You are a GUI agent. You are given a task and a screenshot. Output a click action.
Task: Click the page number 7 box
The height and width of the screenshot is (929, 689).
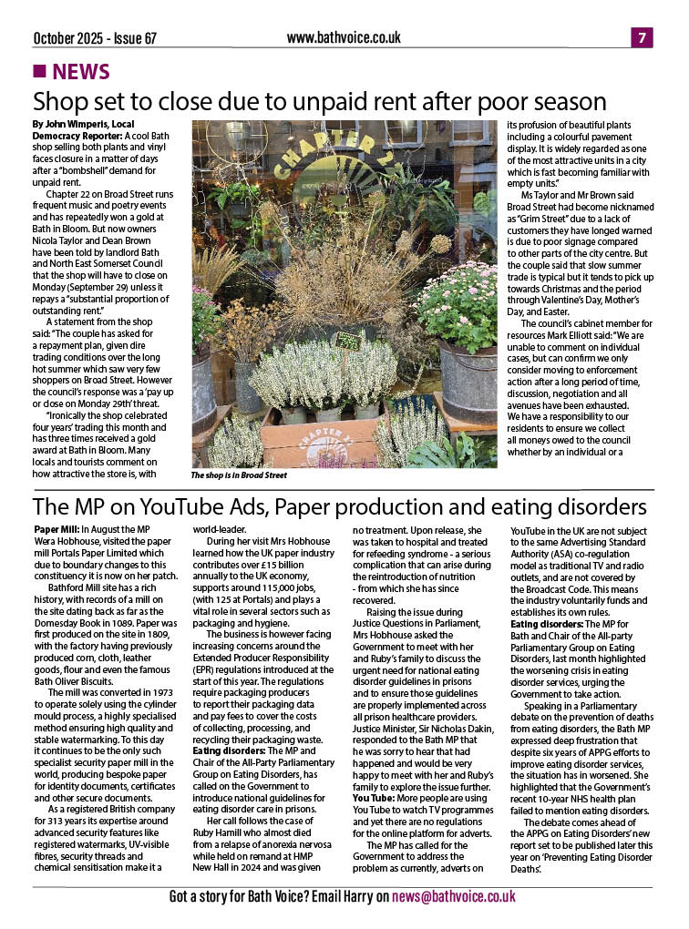coord(643,37)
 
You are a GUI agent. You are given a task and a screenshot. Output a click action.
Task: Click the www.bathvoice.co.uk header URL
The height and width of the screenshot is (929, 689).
coord(344,37)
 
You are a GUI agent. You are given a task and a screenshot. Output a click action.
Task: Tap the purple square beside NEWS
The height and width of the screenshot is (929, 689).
coord(38,71)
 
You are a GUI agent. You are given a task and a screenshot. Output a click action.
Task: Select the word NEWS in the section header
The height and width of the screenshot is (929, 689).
coord(82,72)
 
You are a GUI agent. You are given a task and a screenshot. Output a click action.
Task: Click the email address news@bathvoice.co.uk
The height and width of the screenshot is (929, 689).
coord(453,897)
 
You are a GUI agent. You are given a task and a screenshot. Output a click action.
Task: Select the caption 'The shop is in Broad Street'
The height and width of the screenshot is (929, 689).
coord(238,475)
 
